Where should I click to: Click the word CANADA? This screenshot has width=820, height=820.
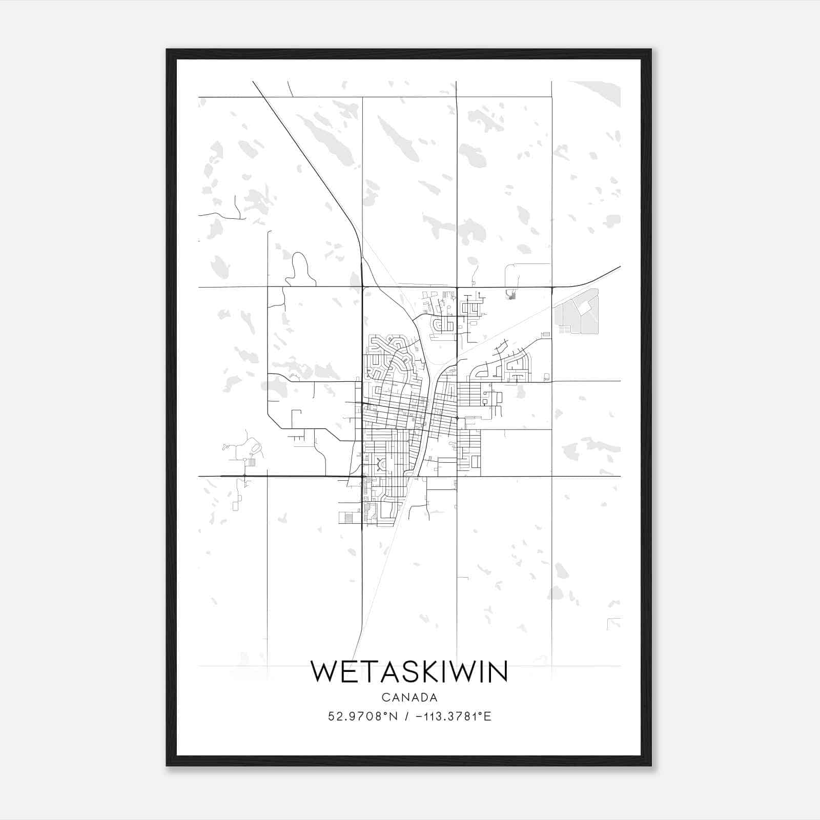(x=409, y=698)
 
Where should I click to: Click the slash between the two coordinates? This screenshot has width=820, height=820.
(x=406, y=716)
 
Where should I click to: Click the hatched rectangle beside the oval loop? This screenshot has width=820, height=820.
(x=251, y=462)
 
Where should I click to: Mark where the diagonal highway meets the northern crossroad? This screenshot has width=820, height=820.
(x=362, y=286)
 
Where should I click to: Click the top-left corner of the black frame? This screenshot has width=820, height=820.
(x=168, y=50)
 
